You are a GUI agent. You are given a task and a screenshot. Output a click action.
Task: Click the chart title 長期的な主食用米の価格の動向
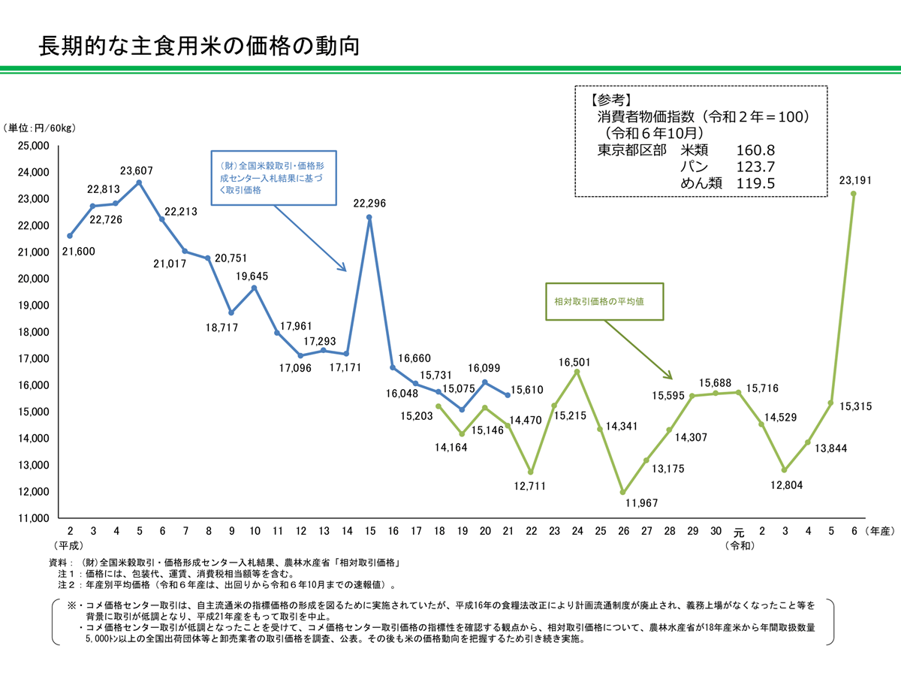[x=199, y=47]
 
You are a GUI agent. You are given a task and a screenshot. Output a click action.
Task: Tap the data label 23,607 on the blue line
[x=140, y=170]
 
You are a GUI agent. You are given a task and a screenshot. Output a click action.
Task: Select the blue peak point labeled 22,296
[x=369, y=217]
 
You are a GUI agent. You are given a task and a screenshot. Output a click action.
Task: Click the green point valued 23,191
[x=854, y=193]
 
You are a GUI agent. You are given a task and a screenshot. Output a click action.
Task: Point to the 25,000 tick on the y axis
[x=33, y=146]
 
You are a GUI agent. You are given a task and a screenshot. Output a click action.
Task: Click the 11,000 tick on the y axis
[x=33, y=518]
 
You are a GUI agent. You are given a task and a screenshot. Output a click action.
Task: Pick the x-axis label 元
[x=739, y=532]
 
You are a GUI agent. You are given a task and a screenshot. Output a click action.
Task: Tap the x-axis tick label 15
[x=369, y=531]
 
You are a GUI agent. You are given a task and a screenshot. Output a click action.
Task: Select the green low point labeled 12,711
[x=531, y=472]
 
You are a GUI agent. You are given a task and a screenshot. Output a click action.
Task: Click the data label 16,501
[x=575, y=362]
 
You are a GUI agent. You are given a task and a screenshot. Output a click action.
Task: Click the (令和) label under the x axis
[x=739, y=545]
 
